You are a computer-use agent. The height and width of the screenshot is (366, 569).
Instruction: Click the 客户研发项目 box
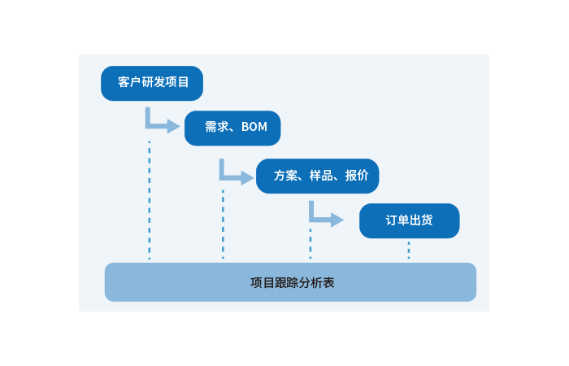coord(152,83)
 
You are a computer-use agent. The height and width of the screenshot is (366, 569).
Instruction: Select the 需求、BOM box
coord(232,128)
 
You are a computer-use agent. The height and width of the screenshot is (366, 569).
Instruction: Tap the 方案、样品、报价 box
coord(317,176)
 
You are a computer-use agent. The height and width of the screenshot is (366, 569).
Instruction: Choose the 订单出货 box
coord(409,220)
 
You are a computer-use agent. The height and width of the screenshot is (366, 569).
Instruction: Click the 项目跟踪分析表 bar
coord(290,282)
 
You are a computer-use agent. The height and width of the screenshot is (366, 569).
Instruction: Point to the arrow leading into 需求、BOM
coord(162,124)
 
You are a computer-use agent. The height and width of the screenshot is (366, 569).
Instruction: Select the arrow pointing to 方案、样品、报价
coord(235,174)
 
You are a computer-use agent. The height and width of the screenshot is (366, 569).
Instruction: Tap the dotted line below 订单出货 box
coord(409,250)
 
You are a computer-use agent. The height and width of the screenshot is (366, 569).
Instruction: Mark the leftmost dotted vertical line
coord(150,200)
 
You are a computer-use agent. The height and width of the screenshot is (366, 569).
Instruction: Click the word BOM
coord(254,128)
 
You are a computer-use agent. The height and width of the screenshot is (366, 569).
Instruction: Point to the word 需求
coord(215,128)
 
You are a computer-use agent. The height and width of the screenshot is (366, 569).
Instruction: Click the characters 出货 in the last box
coord(421,220)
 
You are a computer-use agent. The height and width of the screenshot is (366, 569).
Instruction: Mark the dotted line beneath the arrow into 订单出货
coord(311,243)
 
